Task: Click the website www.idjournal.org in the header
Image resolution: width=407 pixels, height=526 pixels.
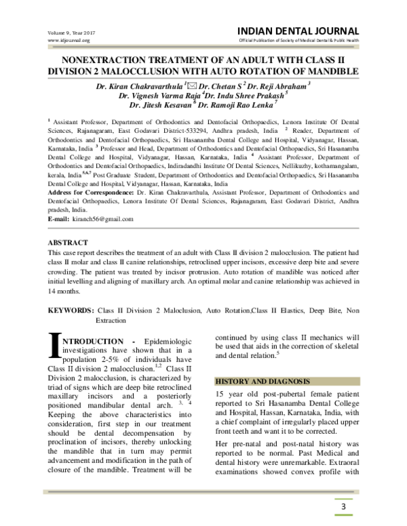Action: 69,41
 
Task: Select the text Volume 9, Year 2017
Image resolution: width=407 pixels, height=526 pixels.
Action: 72,32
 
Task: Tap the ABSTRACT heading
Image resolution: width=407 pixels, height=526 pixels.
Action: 67,242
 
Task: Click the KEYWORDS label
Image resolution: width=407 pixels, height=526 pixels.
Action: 70,309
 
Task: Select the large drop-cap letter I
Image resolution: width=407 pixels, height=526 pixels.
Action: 55,342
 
